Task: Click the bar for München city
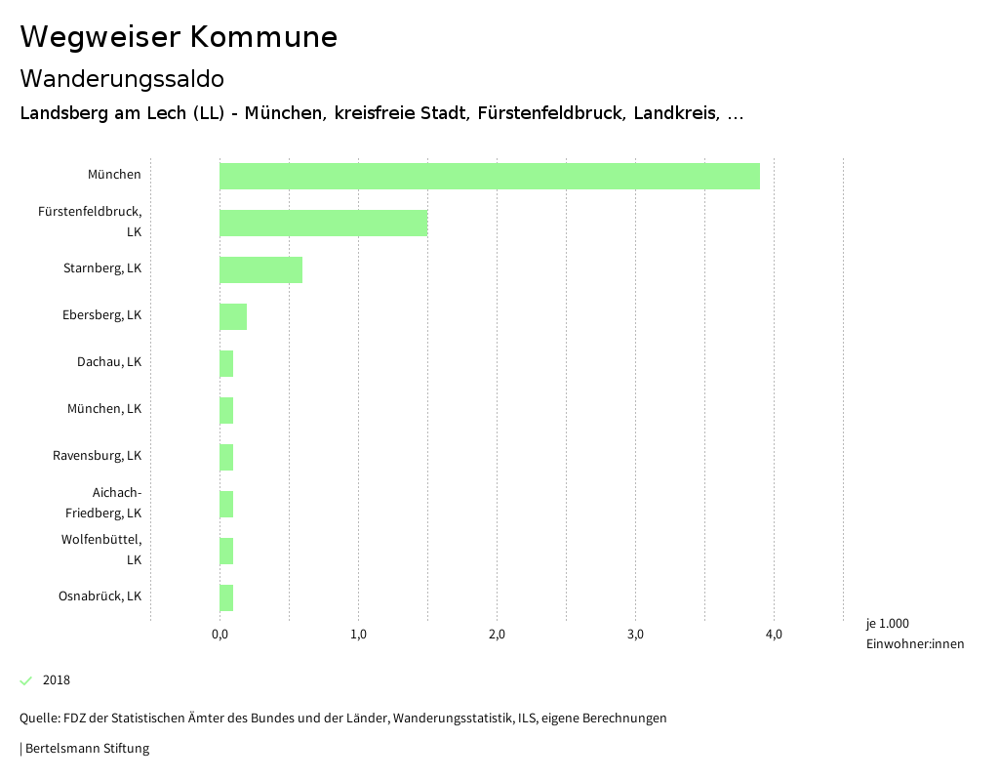coord(489,176)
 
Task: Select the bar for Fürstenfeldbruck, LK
coord(323,223)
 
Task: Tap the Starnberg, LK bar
coord(260,269)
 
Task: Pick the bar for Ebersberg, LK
coord(233,316)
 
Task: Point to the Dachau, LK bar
coord(226,363)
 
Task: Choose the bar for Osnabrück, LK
coord(226,597)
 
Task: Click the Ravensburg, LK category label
coord(97,456)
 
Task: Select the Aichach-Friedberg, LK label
coord(103,503)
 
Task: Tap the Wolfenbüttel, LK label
coord(101,550)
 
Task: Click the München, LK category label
coord(104,409)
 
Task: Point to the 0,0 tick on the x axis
coord(220,636)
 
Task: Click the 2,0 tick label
coord(497,636)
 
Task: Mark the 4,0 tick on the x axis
coord(774,636)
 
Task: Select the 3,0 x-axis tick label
coord(635,636)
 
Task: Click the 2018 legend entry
coord(57,680)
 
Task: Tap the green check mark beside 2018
coord(26,680)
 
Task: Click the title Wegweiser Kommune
coord(179,37)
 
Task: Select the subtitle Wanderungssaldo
coord(122,78)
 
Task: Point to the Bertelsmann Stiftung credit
coord(86,749)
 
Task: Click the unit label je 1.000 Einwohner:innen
coord(914,634)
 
